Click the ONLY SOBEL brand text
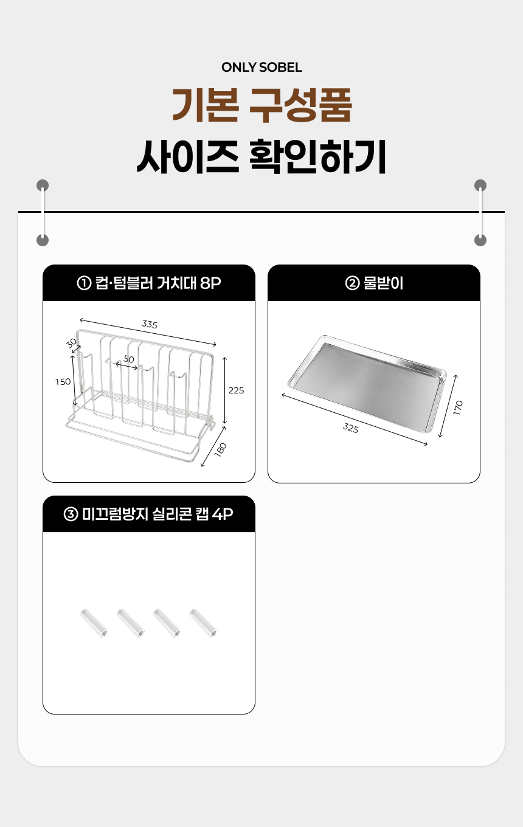[261, 67]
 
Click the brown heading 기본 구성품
[261, 106]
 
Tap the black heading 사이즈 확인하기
[261, 156]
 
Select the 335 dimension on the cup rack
[150, 324]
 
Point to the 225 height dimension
[236, 390]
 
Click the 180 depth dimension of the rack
[220, 450]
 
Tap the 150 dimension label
[63, 382]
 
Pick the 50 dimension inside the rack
[129, 359]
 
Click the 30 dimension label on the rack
[71, 344]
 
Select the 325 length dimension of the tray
[350, 428]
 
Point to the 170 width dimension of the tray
[457, 407]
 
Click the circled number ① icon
[84, 283]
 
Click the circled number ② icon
[352, 283]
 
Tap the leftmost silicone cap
[94, 623]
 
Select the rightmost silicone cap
[203, 623]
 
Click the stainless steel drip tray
[367, 384]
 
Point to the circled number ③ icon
[71, 514]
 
